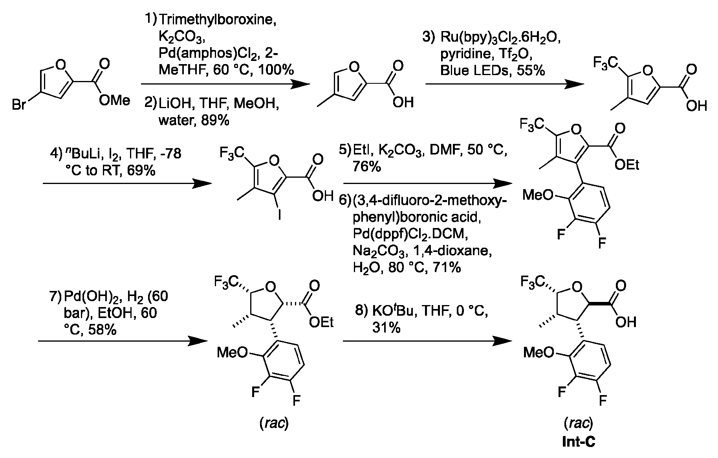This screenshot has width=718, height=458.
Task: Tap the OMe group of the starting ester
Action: (114, 100)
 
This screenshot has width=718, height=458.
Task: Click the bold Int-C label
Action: (578, 442)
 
